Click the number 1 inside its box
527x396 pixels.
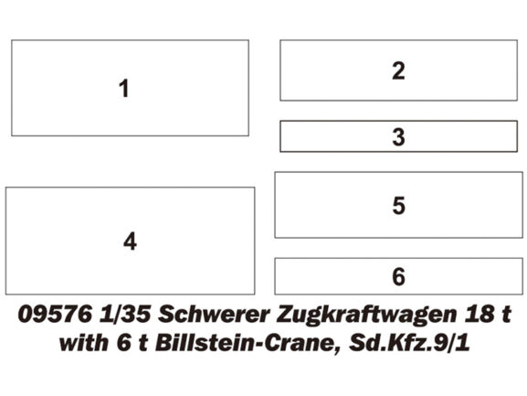tap(124, 89)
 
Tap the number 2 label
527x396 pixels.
tap(398, 70)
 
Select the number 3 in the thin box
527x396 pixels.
tap(398, 137)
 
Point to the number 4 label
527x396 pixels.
tap(130, 241)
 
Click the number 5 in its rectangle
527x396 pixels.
tap(398, 205)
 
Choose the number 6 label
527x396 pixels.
tap(398, 276)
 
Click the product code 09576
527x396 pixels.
tap(55, 315)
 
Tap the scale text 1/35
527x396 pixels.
tap(125, 315)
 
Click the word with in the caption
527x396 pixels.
tap(83, 343)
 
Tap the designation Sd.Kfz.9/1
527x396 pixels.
tap(409, 343)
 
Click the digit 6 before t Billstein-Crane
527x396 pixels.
tap(123, 344)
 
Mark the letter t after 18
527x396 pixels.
tap(506, 315)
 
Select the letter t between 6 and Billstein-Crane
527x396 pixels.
tap(143, 344)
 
